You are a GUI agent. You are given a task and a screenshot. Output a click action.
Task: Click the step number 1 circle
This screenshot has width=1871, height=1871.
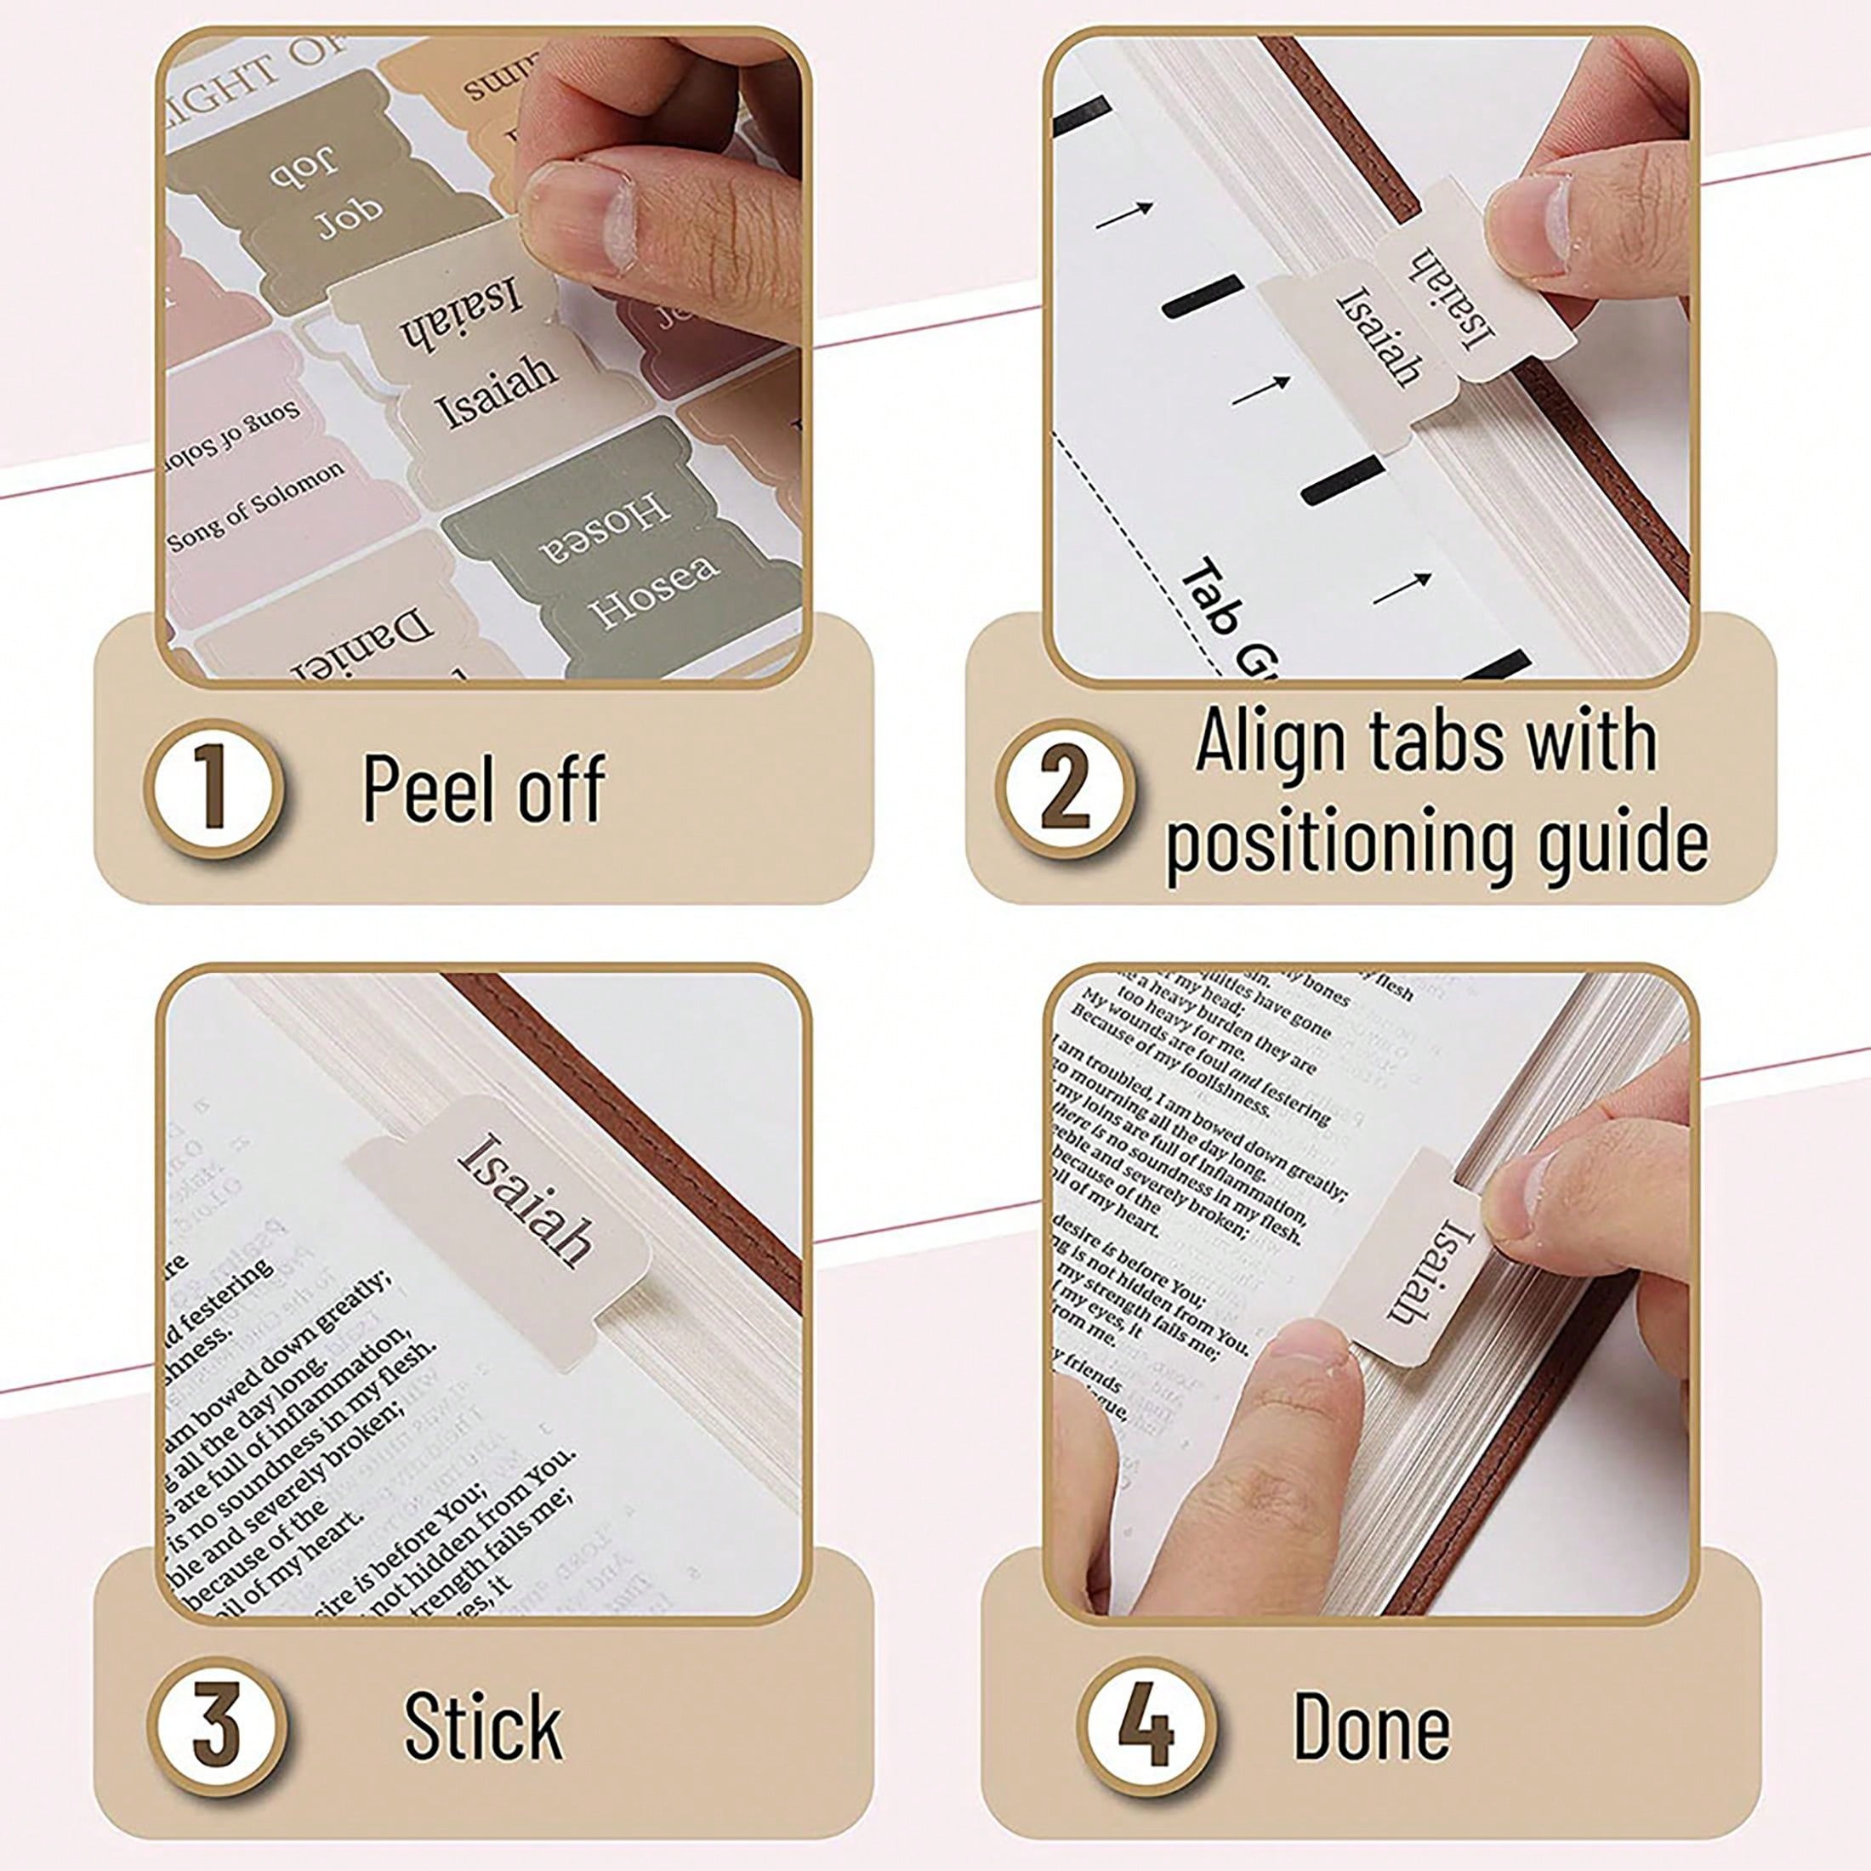(215, 788)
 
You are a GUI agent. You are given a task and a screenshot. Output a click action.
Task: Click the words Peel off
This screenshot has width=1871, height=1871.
(483, 789)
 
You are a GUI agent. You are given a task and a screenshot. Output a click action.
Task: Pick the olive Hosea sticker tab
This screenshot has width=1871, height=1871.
(620, 552)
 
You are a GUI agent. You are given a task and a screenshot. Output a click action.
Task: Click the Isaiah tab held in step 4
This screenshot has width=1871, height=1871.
(1419, 1259)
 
